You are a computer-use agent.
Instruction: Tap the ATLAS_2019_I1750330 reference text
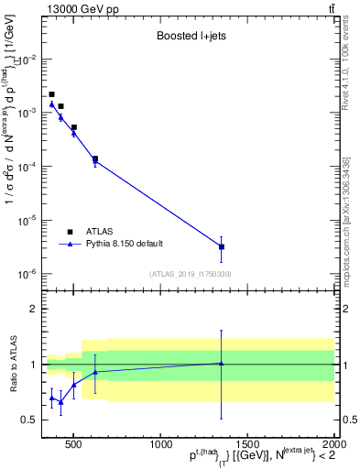tap(190, 274)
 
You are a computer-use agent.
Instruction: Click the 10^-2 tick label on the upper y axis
tap(27, 59)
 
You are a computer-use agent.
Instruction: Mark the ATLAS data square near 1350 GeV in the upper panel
tap(221, 246)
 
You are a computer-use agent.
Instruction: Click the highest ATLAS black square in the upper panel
tap(52, 94)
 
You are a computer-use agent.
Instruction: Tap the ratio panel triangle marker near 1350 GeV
tap(221, 364)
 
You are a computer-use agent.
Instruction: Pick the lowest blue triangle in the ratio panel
tap(60, 401)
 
